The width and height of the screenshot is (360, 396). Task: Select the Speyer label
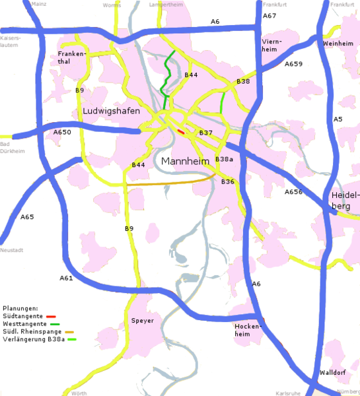click(x=143, y=321)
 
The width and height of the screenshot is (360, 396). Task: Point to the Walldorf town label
click(x=332, y=373)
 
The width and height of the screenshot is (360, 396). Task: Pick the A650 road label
click(x=61, y=132)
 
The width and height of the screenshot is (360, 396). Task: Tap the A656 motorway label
click(x=293, y=192)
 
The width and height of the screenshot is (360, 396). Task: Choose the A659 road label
click(x=293, y=64)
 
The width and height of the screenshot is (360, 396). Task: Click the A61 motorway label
click(x=66, y=278)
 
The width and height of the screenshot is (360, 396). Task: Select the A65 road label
click(x=27, y=216)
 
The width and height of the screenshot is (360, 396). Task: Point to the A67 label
click(x=270, y=15)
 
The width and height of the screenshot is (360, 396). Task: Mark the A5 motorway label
click(x=338, y=119)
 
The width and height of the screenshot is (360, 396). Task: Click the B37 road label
click(x=205, y=133)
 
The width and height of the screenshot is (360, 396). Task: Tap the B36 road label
click(x=228, y=181)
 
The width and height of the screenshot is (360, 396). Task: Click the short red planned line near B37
click(x=181, y=131)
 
